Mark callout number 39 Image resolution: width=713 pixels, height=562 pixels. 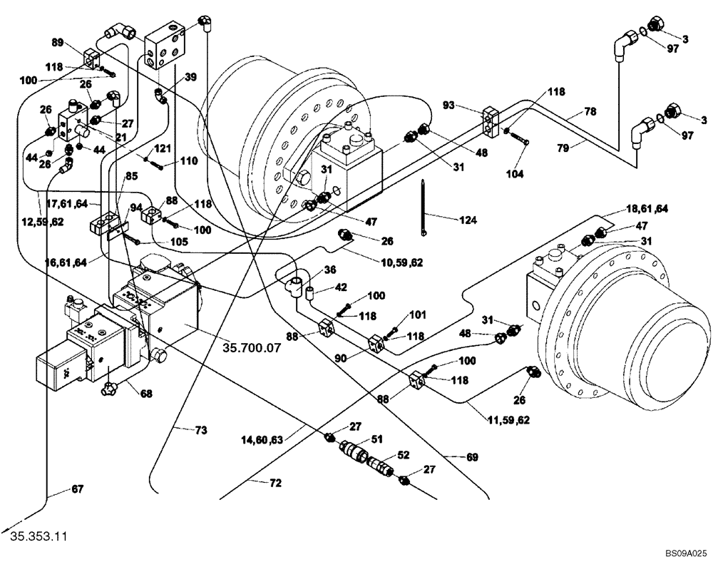click(x=190, y=77)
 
